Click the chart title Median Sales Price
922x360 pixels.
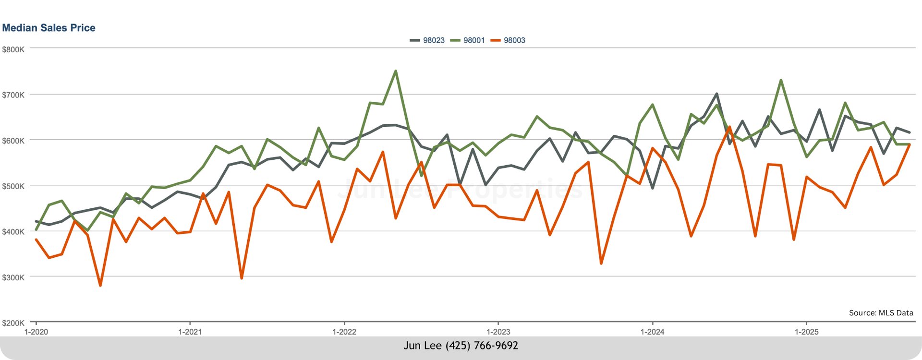click(49, 28)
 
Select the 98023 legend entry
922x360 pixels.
click(433, 40)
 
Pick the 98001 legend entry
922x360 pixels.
click(473, 40)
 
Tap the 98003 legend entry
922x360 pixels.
click(514, 40)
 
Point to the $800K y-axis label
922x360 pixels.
click(13, 49)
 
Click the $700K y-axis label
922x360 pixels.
click(13, 95)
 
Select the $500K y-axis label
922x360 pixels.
click(13, 186)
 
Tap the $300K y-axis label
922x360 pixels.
click(13, 277)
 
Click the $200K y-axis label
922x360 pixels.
click(13, 323)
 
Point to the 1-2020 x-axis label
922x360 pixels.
click(36, 332)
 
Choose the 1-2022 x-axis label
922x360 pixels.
click(344, 332)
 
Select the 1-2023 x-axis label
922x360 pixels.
click(498, 332)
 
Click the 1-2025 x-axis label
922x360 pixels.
click(807, 332)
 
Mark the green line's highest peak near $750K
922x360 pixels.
click(395, 71)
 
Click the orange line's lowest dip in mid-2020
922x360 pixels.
click(100, 286)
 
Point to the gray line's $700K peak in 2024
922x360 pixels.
click(716, 94)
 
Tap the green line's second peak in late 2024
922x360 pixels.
click(781, 80)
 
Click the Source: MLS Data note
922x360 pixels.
click(881, 312)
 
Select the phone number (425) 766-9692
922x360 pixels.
click(482, 346)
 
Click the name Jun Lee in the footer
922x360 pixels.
click(422, 346)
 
